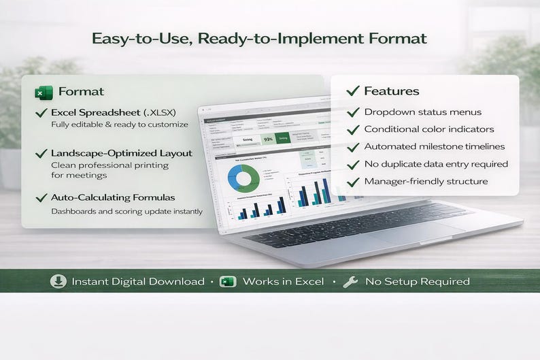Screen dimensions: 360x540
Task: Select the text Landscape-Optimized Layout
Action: click(121, 153)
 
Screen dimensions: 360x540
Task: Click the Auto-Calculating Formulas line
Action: click(113, 197)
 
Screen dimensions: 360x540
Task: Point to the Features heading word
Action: click(392, 91)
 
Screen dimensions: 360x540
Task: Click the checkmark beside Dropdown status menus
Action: click(353, 112)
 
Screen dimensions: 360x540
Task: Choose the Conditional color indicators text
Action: click(429, 129)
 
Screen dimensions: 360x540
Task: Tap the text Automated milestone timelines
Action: click(435, 146)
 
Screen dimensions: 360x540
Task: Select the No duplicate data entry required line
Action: click(436, 164)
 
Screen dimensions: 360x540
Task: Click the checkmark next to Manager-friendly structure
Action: click(353, 182)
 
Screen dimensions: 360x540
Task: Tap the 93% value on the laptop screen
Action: click(269, 139)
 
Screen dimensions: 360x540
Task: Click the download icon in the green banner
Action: click(58, 281)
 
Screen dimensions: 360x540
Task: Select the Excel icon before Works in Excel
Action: click(228, 281)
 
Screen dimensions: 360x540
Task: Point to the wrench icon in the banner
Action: click(350, 281)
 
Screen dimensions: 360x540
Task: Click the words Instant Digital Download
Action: click(137, 281)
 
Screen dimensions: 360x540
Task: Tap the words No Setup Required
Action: click(417, 281)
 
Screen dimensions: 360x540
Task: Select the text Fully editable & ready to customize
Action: click(119, 125)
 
